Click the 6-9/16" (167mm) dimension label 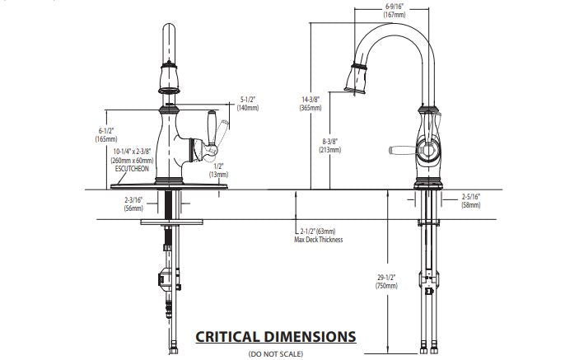394,11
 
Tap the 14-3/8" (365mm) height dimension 311,103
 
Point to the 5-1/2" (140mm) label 248,103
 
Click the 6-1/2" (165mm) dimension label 106,135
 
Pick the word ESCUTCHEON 131,167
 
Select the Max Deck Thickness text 318,241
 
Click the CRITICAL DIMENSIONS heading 275,336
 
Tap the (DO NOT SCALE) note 275,353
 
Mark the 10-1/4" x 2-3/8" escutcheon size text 131,155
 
